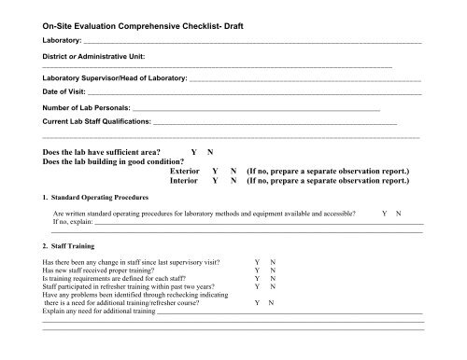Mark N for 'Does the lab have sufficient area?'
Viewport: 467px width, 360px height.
click(x=210, y=151)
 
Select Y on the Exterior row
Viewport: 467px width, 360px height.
click(x=216, y=172)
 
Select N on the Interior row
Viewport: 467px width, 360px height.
click(x=233, y=182)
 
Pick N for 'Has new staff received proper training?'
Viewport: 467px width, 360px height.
click(x=272, y=270)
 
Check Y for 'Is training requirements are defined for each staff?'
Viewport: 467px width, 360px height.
click(x=256, y=278)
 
